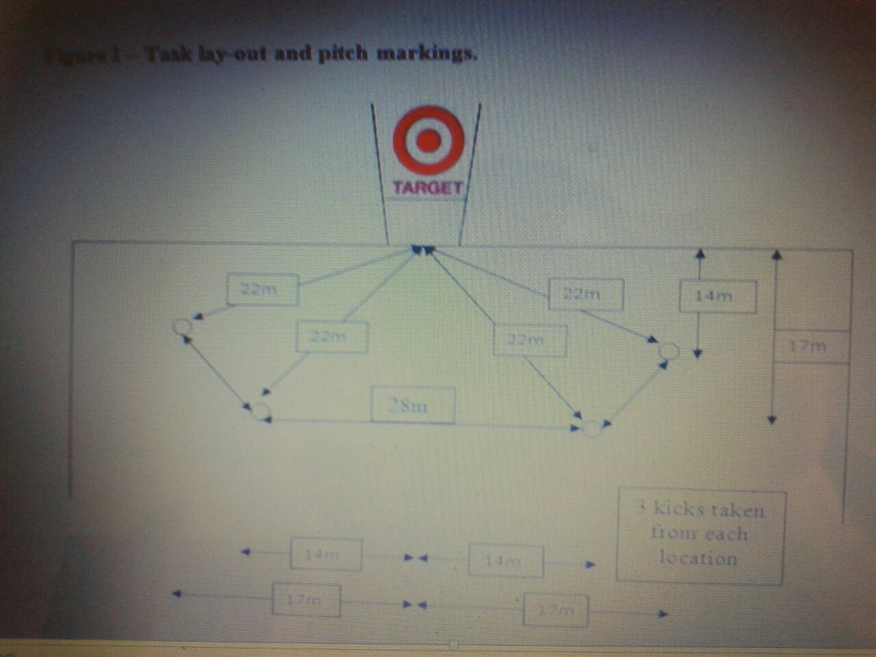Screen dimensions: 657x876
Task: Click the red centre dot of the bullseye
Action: pyautogui.click(x=429, y=140)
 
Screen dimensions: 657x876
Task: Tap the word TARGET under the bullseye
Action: pyautogui.click(x=427, y=188)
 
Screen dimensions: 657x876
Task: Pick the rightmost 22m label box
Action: pyautogui.click(x=586, y=294)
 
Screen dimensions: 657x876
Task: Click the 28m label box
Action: pyautogui.click(x=413, y=405)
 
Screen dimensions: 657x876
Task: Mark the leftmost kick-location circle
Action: pyautogui.click(x=183, y=326)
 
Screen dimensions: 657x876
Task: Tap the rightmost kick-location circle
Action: pyautogui.click(x=669, y=351)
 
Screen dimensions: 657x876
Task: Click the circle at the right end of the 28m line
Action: pyautogui.click(x=591, y=428)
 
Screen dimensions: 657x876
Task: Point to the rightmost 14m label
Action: pyautogui.click(x=717, y=297)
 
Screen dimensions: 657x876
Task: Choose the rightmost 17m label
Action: pyautogui.click(x=812, y=346)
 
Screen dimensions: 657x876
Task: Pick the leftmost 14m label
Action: pyautogui.click(x=326, y=554)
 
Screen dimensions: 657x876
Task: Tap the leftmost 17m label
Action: pyautogui.click(x=306, y=600)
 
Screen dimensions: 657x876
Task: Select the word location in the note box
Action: pyautogui.click(x=698, y=558)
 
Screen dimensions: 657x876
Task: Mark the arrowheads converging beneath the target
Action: pyautogui.click(x=421, y=250)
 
